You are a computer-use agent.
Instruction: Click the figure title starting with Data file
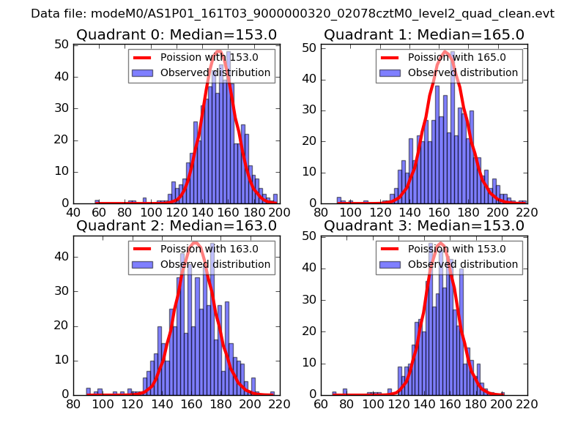[x=292, y=13]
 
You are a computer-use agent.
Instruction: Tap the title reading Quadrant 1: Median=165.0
[x=424, y=34]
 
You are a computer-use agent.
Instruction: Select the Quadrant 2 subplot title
[x=177, y=225]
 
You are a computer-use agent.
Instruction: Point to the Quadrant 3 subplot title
[x=424, y=225]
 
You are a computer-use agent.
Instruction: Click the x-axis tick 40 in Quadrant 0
[x=74, y=212]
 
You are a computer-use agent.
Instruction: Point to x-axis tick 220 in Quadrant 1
[x=527, y=212]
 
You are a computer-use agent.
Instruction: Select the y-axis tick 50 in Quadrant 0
[x=62, y=45]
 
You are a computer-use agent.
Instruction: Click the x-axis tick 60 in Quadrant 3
[x=322, y=403]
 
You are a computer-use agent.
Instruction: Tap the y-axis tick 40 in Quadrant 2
[x=62, y=257]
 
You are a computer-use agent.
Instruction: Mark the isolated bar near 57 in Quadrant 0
[x=97, y=201]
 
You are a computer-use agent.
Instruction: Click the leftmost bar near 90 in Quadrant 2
[x=88, y=391]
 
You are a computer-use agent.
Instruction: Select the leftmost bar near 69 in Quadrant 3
[x=333, y=392]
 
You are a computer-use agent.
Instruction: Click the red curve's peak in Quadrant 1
[x=445, y=52]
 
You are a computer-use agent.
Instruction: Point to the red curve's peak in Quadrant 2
[x=194, y=243]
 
